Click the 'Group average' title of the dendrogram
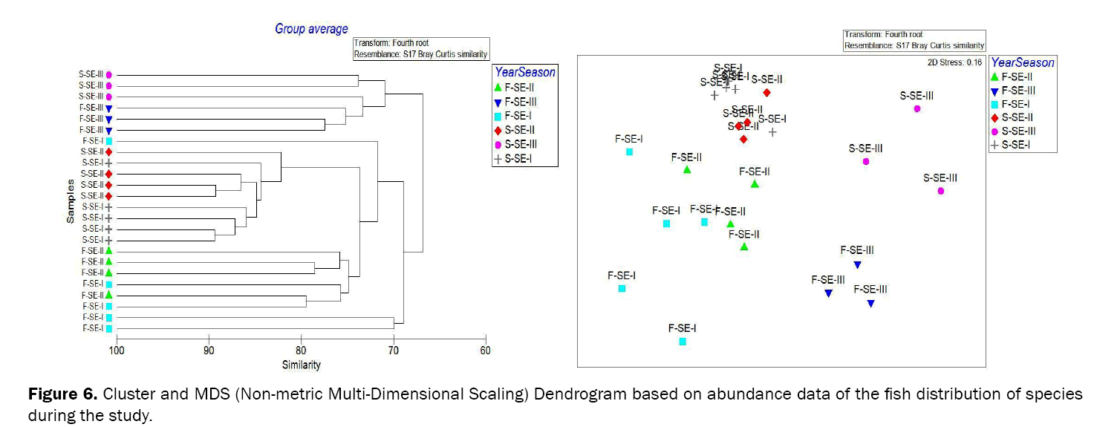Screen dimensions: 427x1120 click(x=311, y=29)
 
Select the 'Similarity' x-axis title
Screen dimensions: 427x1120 click(x=301, y=365)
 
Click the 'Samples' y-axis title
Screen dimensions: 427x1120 click(x=70, y=201)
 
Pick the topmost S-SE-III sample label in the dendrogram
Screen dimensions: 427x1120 click(x=91, y=75)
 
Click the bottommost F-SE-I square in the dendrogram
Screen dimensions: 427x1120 click(x=109, y=328)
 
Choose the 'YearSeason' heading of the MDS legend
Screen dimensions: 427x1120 click(x=1023, y=63)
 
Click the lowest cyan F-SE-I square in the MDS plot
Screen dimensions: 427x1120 click(x=683, y=342)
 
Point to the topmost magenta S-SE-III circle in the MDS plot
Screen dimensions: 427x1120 click(x=916, y=108)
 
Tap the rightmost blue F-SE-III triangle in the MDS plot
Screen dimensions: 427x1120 click(x=870, y=303)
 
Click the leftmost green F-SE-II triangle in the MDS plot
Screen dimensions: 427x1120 click(x=687, y=170)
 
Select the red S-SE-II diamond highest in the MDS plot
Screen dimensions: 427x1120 click(x=767, y=92)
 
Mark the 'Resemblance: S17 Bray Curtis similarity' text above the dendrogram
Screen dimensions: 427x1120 click(x=420, y=54)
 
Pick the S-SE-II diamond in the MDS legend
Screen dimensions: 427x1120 click(x=995, y=117)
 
